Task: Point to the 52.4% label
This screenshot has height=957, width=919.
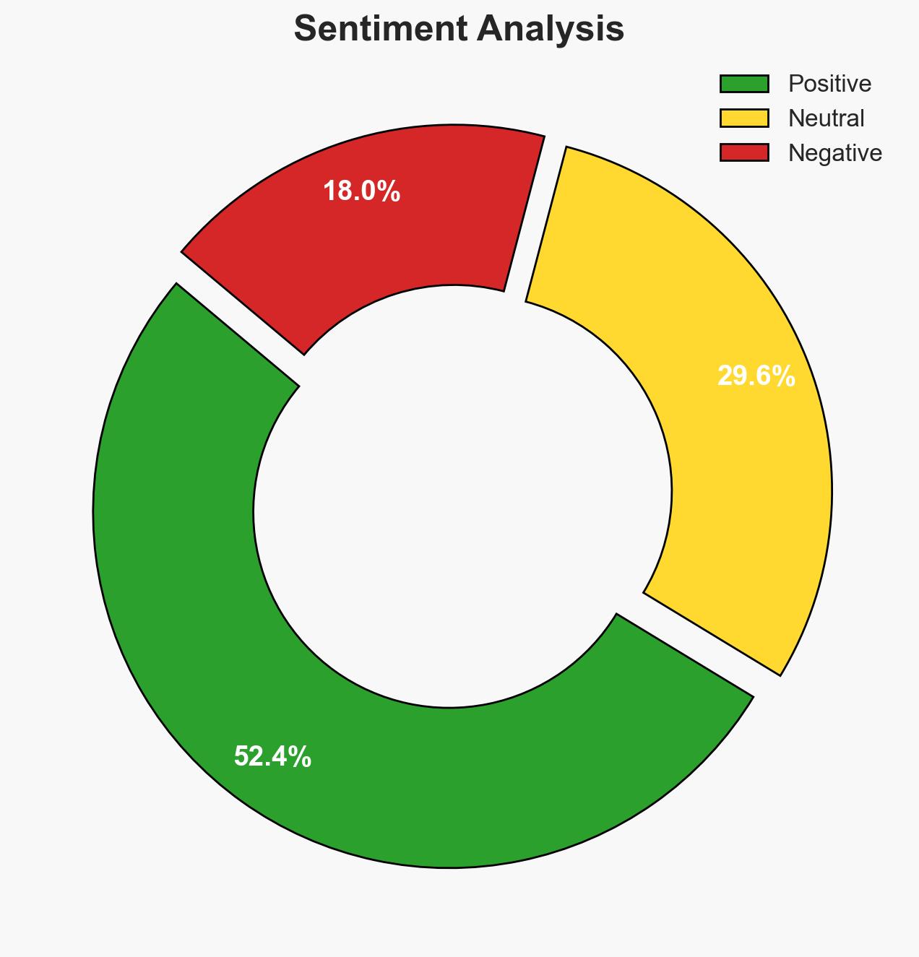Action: pyautogui.click(x=272, y=757)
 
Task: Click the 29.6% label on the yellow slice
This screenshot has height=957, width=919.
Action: pyautogui.click(x=756, y=376)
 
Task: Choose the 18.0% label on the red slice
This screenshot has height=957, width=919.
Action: pyautogui.click(x=361, y=191)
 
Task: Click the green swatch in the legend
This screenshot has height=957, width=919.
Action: pyautogui.click(x=744, y=84)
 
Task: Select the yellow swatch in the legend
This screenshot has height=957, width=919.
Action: pyautogui.click(x=744, y=118)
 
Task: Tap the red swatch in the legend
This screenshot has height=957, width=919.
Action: pyautogui.click(x=744, y=152)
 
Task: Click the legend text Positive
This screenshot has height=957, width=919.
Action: pyautogui.click(x=829, y=84)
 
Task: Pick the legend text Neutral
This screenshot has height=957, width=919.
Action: pyautogui.click(x=826, y=118)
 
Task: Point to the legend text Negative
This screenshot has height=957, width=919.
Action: pyautogui.click(x=834, y=152)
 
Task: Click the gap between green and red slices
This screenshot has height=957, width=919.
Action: pyautogui.click(x=238, y=318)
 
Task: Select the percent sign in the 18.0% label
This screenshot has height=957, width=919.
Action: pyautogui.click(x=390, y=191)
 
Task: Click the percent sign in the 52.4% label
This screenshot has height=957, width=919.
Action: pyautogui.click(x=301, y=757)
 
